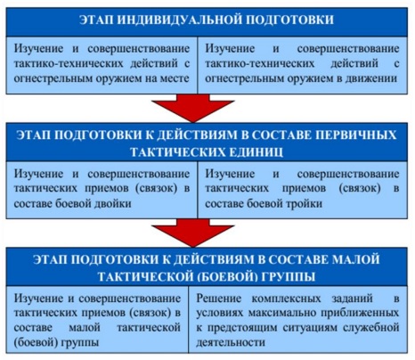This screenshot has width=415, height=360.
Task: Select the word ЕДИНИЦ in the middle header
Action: point(256,151)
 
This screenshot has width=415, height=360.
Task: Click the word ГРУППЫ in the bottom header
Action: point(289,277)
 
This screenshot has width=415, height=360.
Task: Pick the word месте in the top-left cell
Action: point(175,78)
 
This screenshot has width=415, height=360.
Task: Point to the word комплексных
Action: point(287,299)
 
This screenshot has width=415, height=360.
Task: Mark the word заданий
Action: point(352,299)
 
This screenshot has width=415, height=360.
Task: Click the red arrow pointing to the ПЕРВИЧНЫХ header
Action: point(193,109)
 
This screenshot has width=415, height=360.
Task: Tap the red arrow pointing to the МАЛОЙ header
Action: point(193,233)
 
